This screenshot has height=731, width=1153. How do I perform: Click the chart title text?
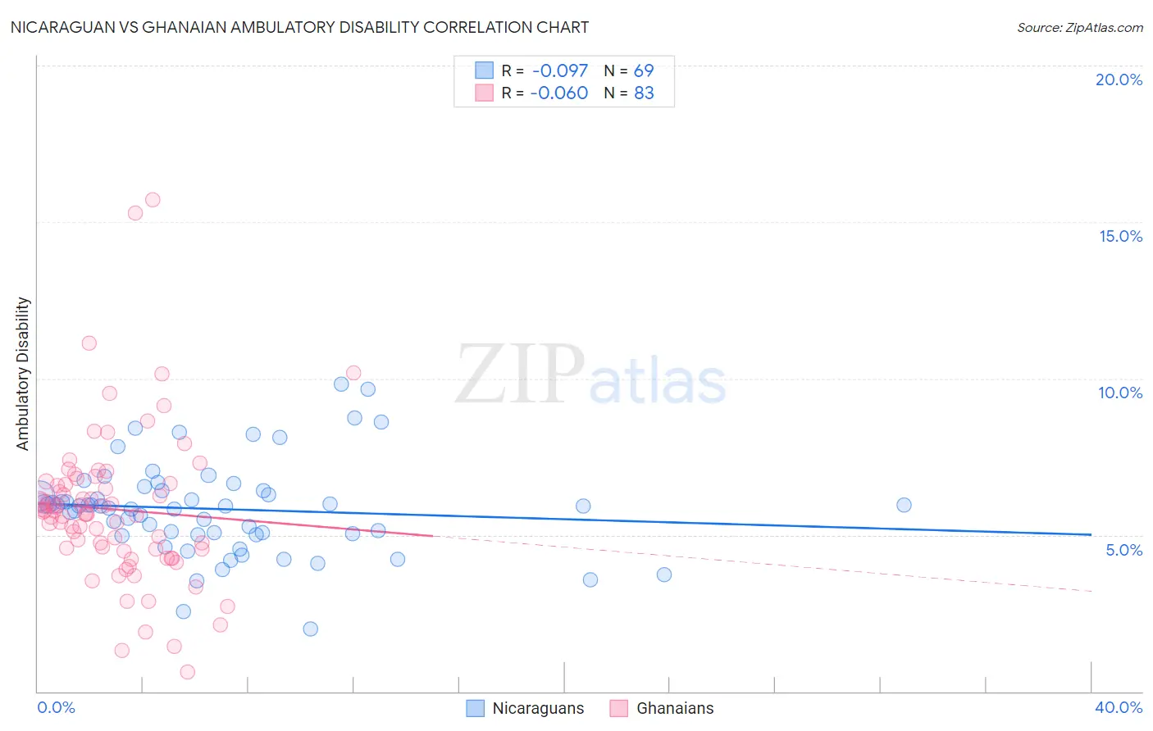point(299,28)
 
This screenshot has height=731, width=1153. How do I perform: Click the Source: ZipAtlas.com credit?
point(1079,28)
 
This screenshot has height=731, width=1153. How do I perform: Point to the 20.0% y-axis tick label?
point(1119,79)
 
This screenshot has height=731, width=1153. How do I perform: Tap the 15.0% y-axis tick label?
point(1120,236)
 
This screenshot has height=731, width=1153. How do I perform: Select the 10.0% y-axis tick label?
point(1120,393)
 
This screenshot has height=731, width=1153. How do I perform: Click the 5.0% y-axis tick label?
point(1123,550)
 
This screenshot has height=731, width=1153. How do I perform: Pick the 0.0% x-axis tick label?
point(56,707)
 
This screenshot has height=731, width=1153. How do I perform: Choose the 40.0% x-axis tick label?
point(1119,707)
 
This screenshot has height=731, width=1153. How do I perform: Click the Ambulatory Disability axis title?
point(23,374)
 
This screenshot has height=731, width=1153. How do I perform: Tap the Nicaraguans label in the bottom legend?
point(538,708)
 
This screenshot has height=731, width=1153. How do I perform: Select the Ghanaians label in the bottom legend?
point(675,708)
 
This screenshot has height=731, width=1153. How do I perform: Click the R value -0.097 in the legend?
point(559,71)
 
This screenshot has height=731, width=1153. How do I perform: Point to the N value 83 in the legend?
point(644,93)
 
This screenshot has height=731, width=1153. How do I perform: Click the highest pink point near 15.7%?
point(153,200)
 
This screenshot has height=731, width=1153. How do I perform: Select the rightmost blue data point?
point(904,505)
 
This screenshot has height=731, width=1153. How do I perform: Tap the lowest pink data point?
point(187,672)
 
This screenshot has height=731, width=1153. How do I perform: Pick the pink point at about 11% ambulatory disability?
point(89,343)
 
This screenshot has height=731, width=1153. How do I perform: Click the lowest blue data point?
point(310,629)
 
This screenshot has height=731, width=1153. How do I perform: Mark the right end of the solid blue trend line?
point(1091,534)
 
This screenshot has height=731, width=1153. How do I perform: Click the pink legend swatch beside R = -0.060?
point(484,93)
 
